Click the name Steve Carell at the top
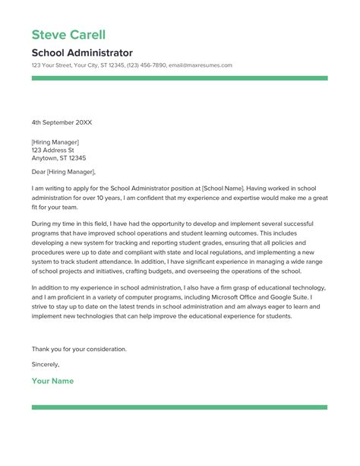pos(68,35)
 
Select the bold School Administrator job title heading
pos(82,53)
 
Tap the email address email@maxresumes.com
pos(200,65)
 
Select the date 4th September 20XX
pos(63,122)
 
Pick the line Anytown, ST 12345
pos(58,158)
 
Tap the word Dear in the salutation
pos(39,173)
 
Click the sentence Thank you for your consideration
pos(79,349)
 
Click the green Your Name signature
pos(52,380)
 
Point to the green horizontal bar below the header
pos(179,78)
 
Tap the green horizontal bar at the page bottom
pos(179,407)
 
